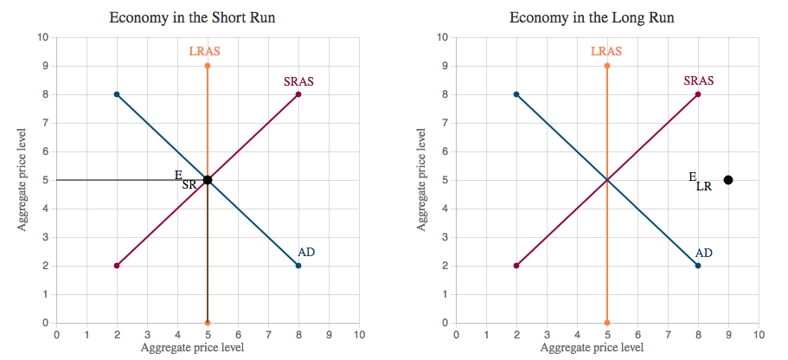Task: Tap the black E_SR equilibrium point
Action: (208, 180)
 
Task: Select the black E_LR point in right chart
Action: (728, 180)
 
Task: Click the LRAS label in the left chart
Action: (205, 52)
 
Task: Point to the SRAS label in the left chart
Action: (298, 82)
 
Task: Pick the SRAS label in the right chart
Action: (698, 81)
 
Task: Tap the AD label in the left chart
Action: (306, 252)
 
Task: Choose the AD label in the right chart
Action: (704, 253)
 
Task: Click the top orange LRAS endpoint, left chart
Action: (208, 66)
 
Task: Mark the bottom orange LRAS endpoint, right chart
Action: (607, 323)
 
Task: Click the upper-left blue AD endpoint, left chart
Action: (117, 94)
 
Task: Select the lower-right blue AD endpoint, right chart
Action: (698, 266)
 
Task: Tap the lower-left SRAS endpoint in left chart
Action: (117, 266)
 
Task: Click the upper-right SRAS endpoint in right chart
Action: (698, 94)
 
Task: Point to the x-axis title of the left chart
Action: (192, 348)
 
